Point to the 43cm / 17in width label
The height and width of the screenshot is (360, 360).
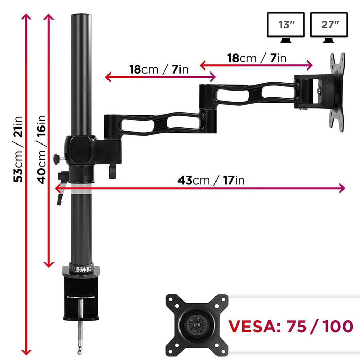(211, 180)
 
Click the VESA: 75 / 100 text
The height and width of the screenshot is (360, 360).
(291, 326)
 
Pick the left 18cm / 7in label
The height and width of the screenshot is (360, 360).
(159, 69)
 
